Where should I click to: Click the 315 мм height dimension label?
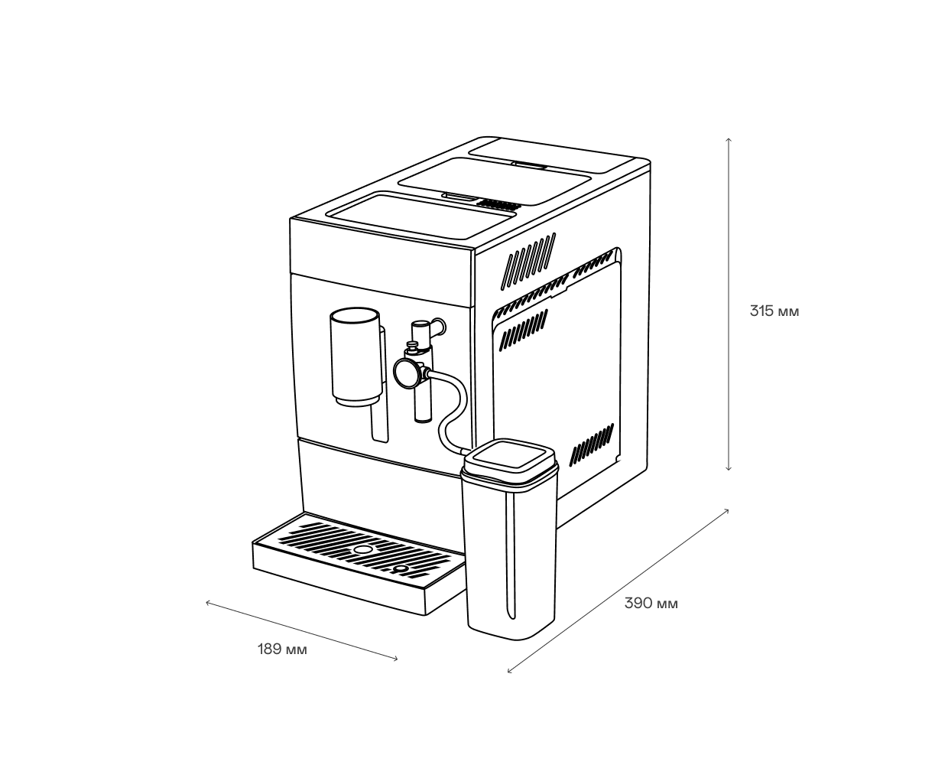point(774,311)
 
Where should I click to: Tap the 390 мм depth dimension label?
point(651,604)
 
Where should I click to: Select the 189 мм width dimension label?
point(282,650)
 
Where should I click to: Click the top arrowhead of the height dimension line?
point(729,140)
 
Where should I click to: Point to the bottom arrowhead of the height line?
point(729,468)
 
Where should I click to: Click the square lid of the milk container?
point(510,461)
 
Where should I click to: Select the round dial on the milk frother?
point(407,373)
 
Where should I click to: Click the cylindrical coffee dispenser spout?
point(356,356)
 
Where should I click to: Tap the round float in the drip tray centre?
point(362,551)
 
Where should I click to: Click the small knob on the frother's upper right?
point(438,327)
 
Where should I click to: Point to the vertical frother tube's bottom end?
point(422,417)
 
